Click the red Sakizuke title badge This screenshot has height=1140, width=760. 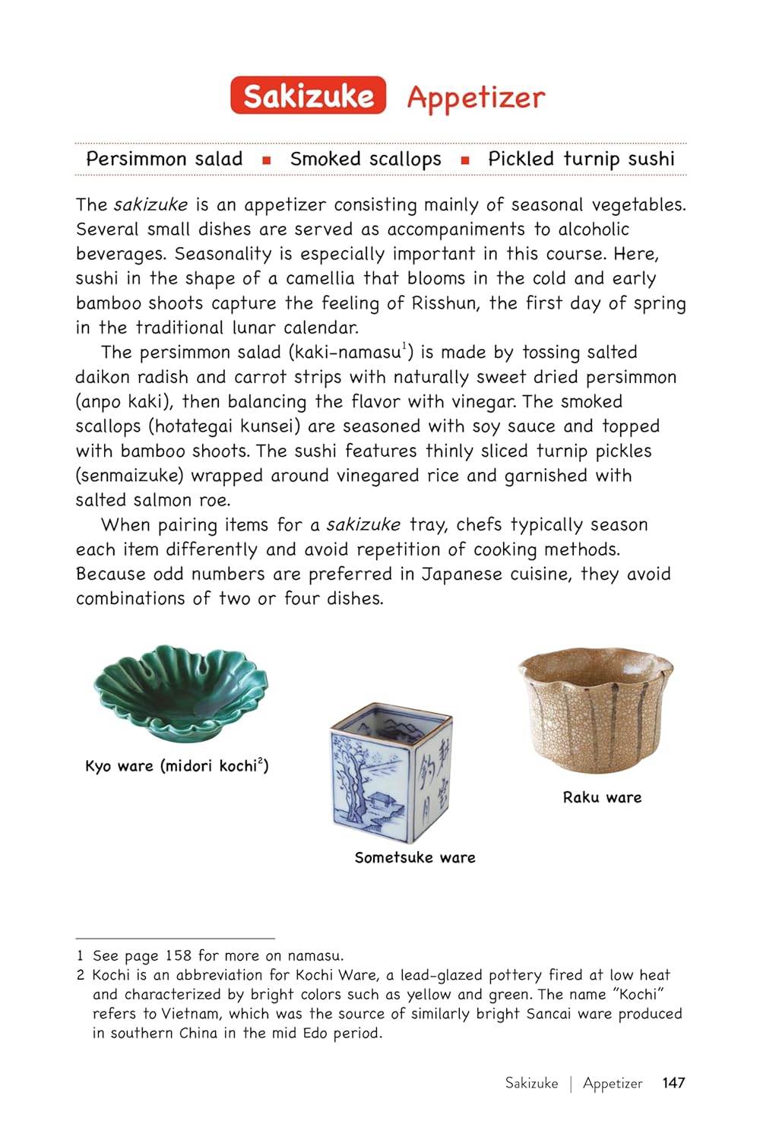(308, 96)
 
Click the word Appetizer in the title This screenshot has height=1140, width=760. (476, 97)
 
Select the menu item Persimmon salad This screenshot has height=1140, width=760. (164, 159)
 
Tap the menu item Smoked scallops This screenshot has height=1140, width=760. (366, 159)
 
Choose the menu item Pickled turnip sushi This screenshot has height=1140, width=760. (581, 159)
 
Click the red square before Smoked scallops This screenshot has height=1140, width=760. (266, 160)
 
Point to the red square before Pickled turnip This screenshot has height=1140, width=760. (464, 160)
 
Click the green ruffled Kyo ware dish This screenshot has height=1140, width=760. (180, 692)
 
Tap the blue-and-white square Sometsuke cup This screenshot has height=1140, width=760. (391, 771)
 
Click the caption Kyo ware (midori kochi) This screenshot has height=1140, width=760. (176, 765)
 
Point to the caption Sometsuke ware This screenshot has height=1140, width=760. (415, 857)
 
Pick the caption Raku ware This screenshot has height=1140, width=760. (602, 797)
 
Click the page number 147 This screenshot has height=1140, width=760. (673, 1083)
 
